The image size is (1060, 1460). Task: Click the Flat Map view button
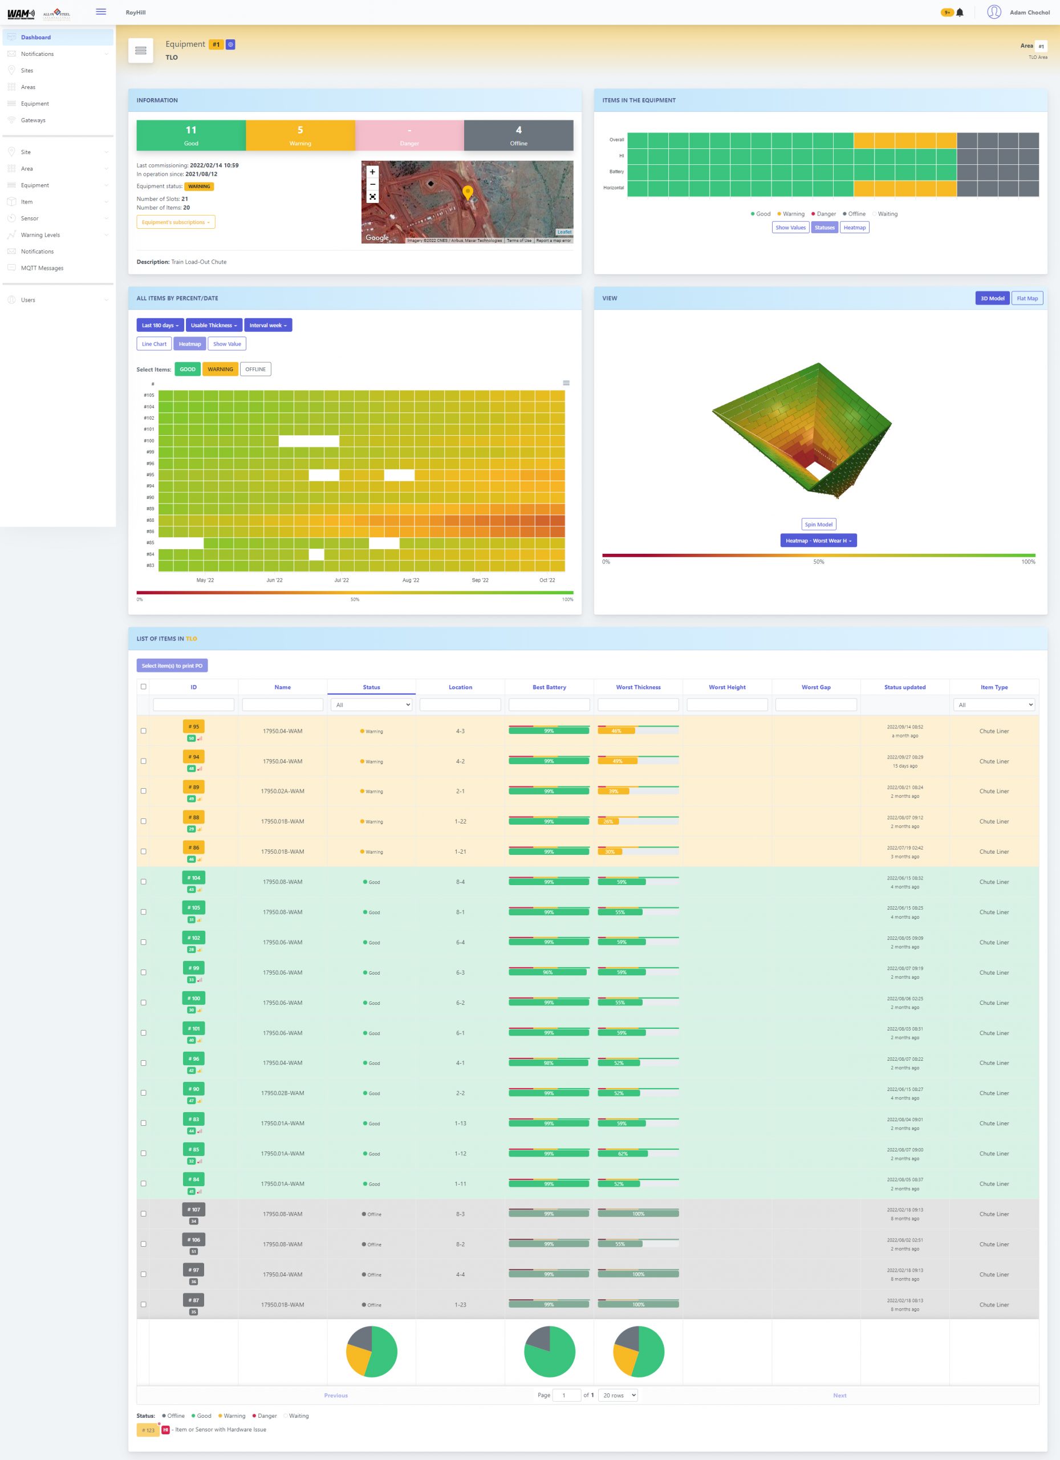(1026, 298)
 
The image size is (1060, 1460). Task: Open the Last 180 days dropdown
(160, 325)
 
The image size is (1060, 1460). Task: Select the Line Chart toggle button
(154, 344)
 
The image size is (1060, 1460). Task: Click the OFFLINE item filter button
(255, 369)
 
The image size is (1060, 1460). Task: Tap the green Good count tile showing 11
(191, 135)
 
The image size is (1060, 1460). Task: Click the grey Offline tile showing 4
(518, 135)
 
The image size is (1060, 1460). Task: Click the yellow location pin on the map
(468, 191)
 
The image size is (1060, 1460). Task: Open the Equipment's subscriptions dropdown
(176, 222)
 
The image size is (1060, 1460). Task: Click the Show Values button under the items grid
(790, 227)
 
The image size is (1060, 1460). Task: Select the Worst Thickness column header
(638, 687)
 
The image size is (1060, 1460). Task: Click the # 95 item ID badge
(194, 726)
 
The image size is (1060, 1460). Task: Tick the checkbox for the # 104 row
(144, 881)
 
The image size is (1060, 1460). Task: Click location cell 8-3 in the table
(460, 1214)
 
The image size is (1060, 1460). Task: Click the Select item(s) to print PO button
(172, 666)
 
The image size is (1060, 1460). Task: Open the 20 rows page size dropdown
(618, 1395)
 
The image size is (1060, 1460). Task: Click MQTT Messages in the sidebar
(42, 268)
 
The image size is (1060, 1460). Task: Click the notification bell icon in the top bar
(960, 12)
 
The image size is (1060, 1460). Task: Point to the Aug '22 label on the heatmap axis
(411, 580)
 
